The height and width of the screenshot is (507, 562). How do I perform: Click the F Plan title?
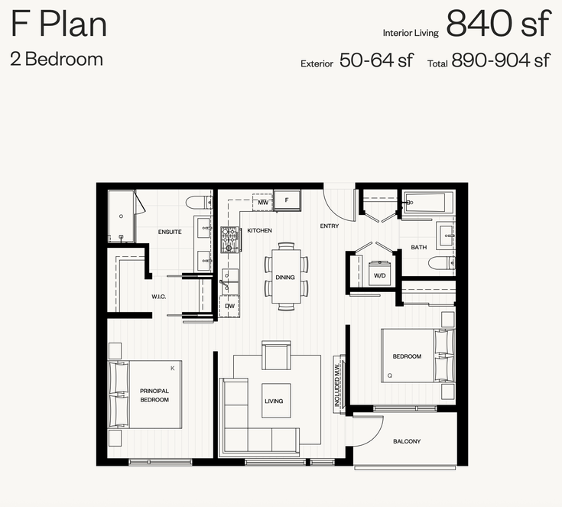pos(59,24)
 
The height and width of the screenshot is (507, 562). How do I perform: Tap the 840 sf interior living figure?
pos(499,23)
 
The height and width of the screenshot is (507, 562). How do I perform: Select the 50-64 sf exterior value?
pos(376,60)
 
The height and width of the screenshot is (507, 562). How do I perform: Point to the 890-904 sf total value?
pos(501,60)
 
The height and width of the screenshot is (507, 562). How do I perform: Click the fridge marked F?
pos(287,200)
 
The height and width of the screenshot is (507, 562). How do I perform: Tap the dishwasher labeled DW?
pos(229,306)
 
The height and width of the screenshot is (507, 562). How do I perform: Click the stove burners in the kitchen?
pos(229,239)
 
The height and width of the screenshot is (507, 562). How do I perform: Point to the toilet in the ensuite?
pos(200,202)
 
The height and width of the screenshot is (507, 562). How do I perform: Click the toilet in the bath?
pos(442,262)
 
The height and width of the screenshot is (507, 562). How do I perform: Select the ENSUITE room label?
pos(170,232)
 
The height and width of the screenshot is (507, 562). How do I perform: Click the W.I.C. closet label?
pos(159,297)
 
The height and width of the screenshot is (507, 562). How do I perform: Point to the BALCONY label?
pos(407,441)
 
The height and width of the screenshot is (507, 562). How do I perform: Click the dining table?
pos(286,276)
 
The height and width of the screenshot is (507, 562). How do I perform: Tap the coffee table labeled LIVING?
pos(275,401)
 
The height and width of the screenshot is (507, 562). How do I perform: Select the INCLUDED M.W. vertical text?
pos(337,385)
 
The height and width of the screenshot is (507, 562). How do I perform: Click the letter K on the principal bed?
pos(172,369)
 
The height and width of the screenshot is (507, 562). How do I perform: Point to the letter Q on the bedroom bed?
pos(390,375)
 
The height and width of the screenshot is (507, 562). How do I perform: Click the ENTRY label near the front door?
pos(330,226)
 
